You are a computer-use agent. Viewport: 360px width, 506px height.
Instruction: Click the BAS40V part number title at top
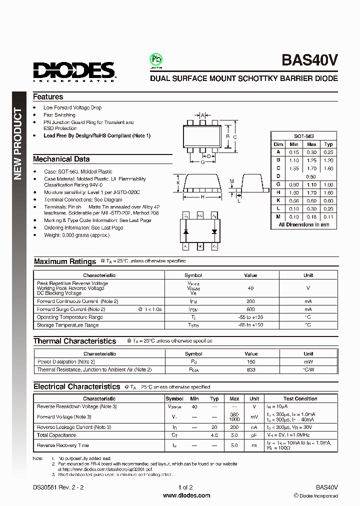point(310,60)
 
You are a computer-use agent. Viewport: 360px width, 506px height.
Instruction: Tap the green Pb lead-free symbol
point(156,60)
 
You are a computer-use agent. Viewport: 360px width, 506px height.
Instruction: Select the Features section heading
point(48,97)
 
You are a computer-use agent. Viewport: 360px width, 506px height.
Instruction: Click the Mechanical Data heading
point(61,159)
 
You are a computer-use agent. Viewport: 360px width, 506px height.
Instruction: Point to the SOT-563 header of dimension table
point(304,136)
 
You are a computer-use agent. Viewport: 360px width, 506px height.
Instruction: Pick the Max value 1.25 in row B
point(311,160)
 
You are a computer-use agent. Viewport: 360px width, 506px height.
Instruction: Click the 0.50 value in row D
point(311,176)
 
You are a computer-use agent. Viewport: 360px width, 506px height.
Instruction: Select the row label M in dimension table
point(278,216)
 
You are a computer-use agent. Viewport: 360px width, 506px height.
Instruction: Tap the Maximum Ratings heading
point(65,261)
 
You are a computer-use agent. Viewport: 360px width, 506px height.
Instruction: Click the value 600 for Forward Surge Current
point(250,309)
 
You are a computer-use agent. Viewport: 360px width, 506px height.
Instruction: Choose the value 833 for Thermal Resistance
point(250,369)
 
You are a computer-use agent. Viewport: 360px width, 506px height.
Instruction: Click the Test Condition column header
point(300,398)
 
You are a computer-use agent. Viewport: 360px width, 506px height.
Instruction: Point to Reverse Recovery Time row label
point(63,445)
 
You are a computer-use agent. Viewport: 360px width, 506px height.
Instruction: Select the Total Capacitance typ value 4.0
point(214,435)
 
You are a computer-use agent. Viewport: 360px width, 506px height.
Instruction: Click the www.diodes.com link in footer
point(186,495)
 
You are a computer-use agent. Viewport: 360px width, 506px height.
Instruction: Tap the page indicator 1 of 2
point(185,487)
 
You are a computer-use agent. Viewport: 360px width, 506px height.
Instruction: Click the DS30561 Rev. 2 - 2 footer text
point(56,487)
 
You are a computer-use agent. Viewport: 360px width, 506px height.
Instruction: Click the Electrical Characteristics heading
point(76,386)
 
